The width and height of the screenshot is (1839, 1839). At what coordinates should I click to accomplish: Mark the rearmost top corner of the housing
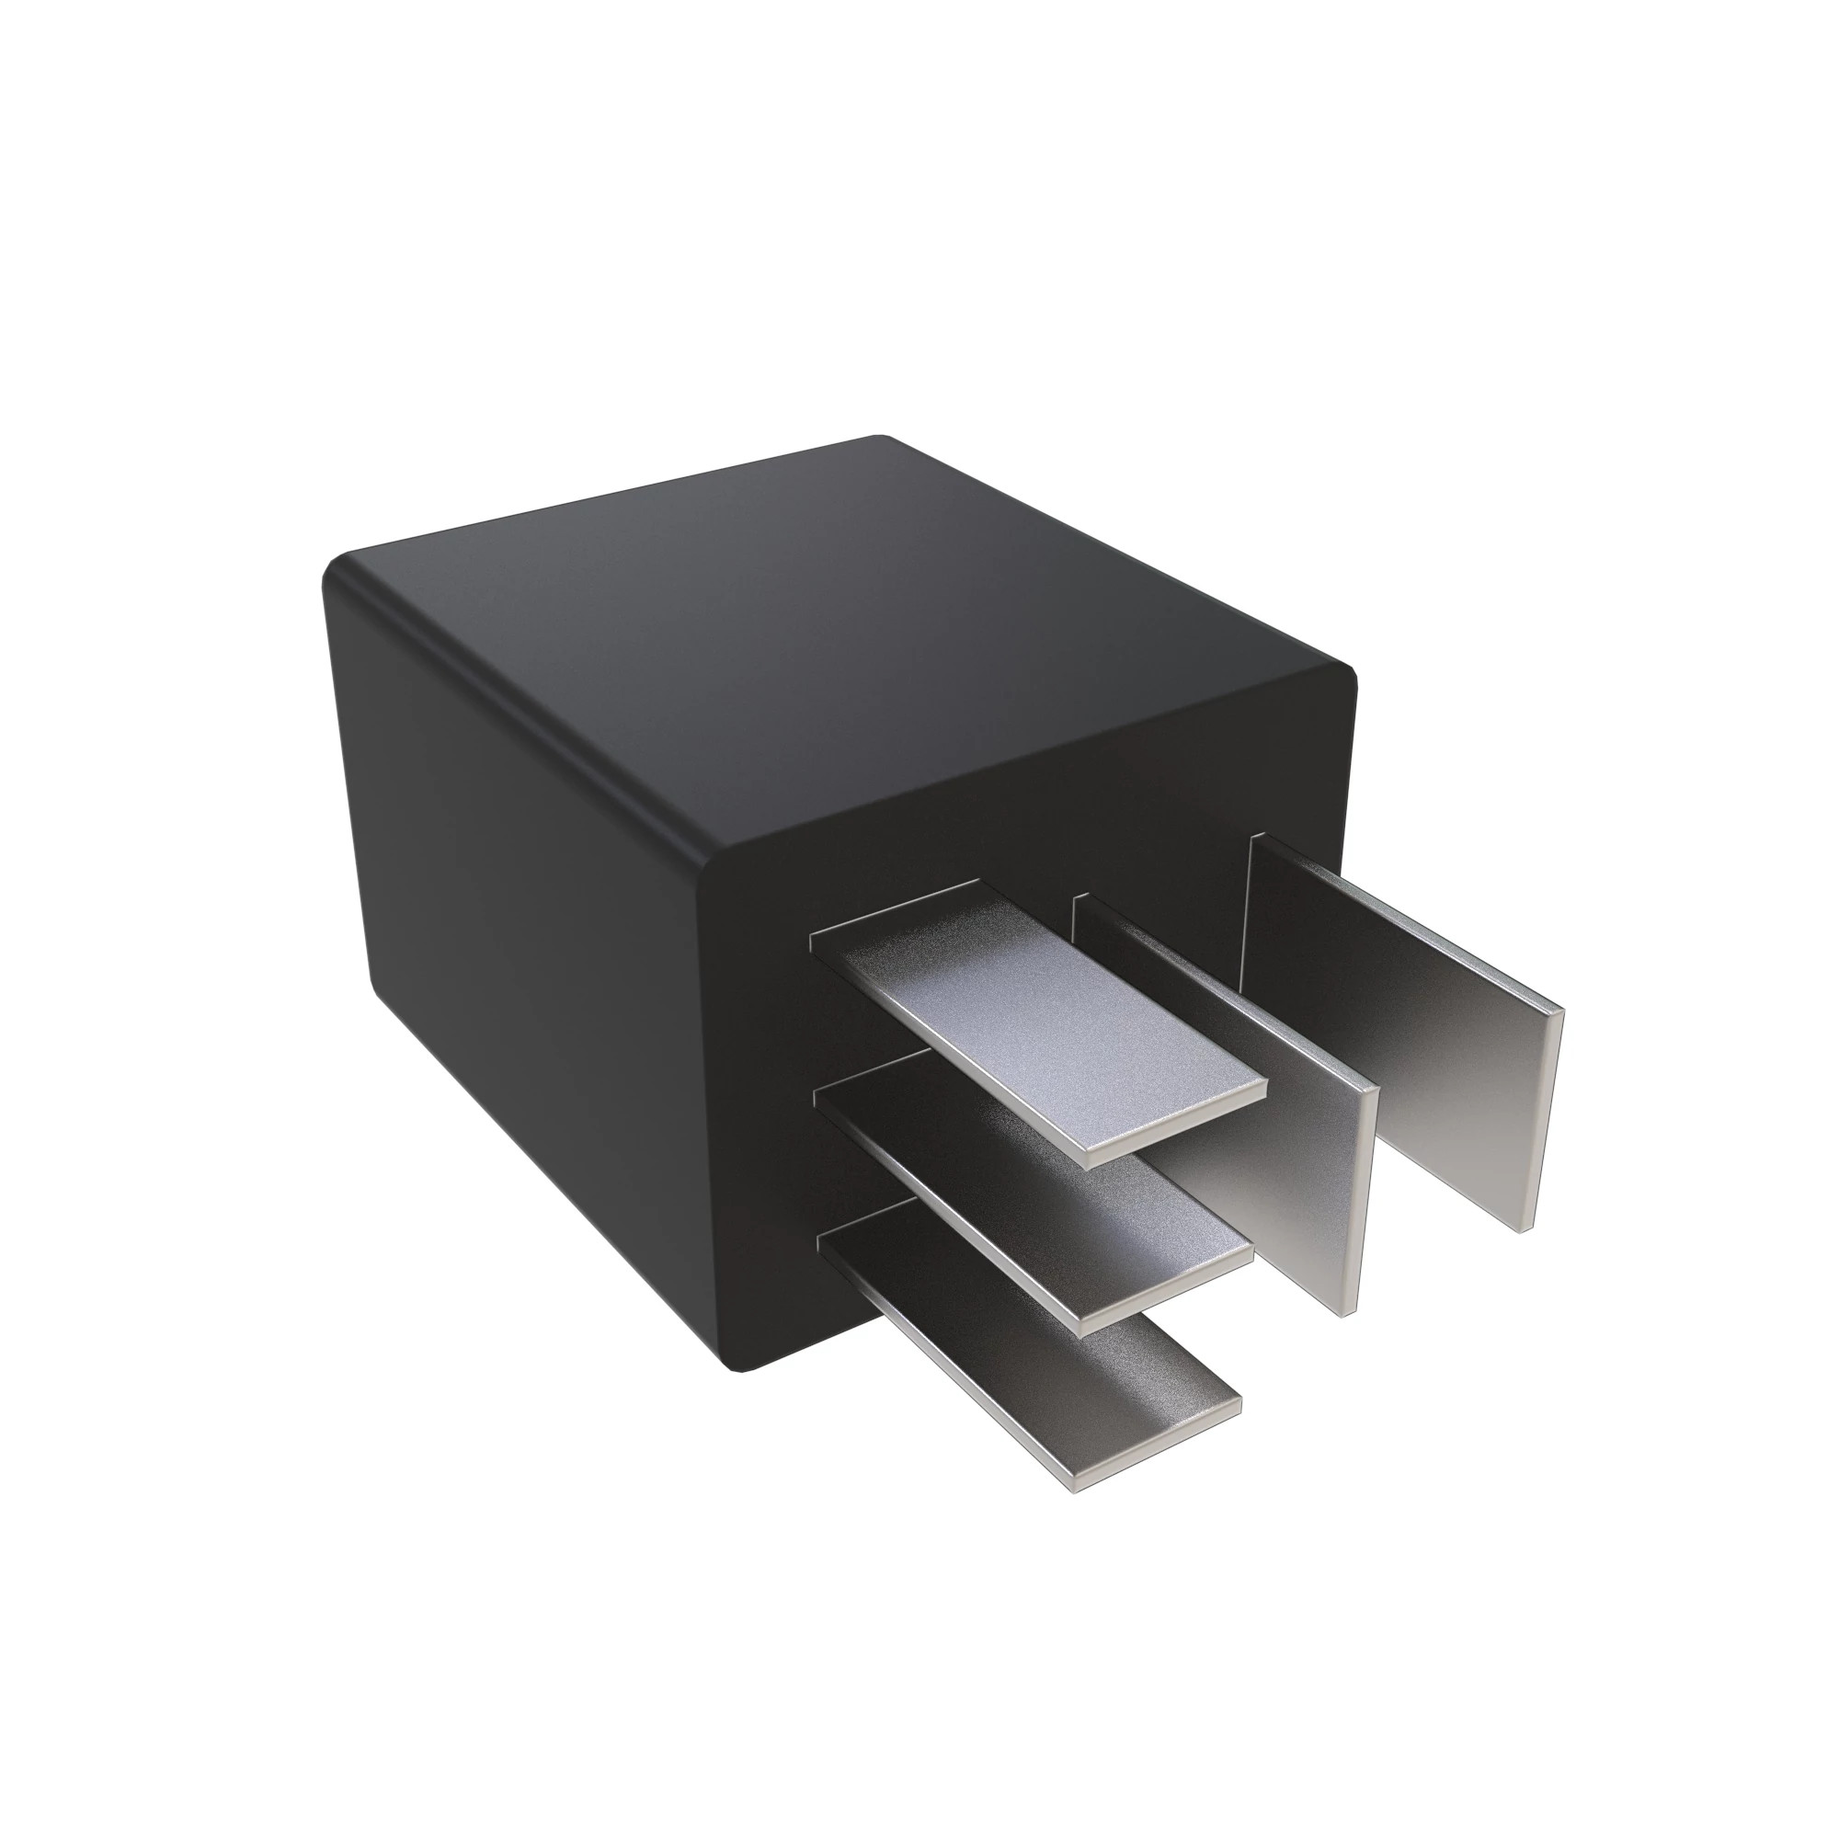[881, 440]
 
